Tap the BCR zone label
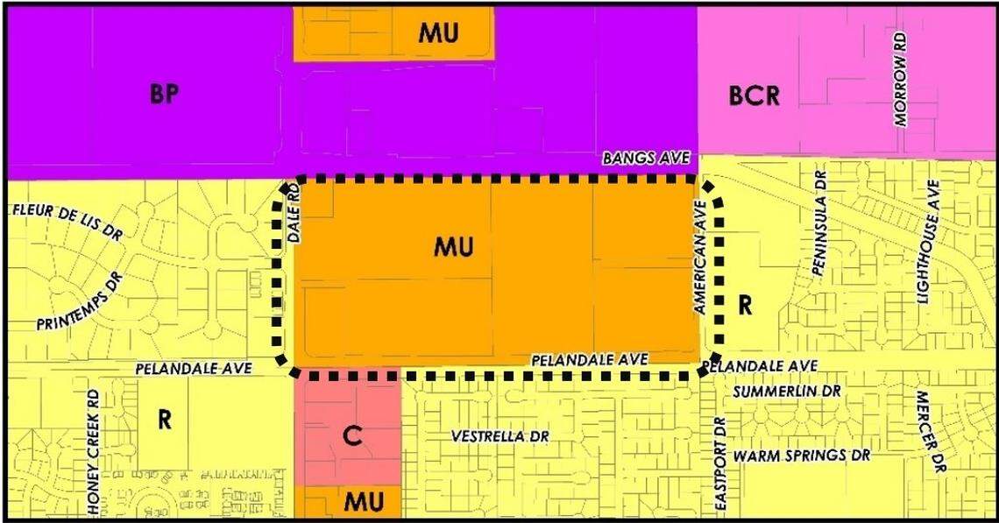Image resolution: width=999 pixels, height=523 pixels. (754, 95)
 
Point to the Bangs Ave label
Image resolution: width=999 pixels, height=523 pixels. (646, 159)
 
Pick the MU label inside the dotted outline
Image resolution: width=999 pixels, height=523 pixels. (454, 247)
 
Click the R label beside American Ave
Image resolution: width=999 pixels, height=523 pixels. (746, 305)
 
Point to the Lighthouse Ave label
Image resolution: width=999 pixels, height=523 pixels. (927, 243)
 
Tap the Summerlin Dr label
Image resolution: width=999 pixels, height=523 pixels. (787, 391)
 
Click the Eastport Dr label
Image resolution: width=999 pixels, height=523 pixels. (720, 464)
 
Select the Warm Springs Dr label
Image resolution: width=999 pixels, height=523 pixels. (802, 456)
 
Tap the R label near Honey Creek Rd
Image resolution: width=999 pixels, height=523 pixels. (164, 420)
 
